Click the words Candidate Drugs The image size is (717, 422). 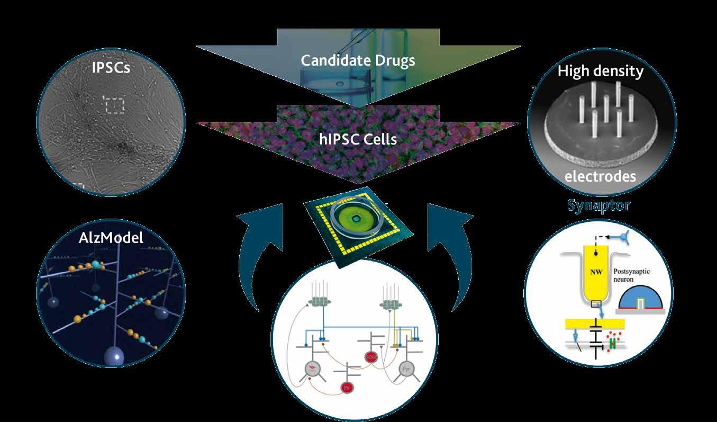tap(358, 60)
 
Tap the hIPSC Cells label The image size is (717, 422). tap(358, 139)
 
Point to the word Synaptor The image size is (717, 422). tap(598, 205)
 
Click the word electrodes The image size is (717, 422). tap(600, 176)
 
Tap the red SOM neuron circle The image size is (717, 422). tap(370, 358)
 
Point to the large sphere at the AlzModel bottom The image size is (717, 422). tap(114, 355)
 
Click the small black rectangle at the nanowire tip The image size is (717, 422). tap(596, 303)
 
